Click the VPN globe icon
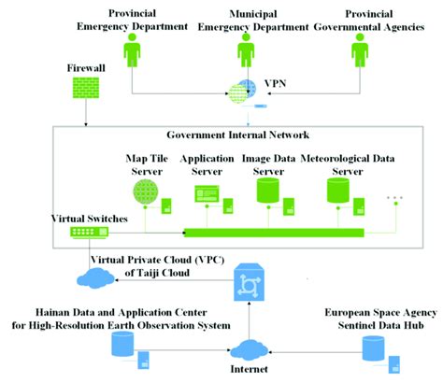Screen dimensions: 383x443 pos(241,92)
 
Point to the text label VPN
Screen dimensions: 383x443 pos(278,83)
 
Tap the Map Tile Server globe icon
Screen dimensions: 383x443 pos(146,192)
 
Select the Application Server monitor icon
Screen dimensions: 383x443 pos(206,194)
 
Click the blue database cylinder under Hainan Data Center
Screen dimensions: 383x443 pos(120,347)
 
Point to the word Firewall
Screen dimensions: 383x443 pos(85,69)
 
